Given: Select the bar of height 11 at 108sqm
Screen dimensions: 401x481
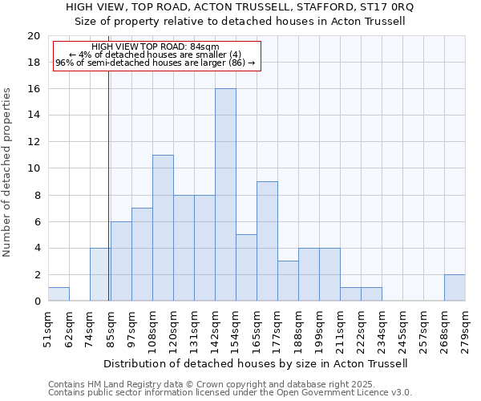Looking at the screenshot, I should [x=163, y=228].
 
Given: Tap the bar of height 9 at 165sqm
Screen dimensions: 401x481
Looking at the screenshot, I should [x=267, y=241].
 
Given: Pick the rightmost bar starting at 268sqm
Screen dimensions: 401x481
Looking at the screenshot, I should [x=455, y=288].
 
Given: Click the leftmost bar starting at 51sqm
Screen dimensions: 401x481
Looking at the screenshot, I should [x=59, y=294].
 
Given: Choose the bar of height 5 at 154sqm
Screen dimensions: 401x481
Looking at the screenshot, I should [x=246, y=268].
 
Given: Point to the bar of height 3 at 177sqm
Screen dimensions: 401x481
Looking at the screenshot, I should [x=288, y=281].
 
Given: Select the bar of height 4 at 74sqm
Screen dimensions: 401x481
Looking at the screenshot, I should [x=99, y=274].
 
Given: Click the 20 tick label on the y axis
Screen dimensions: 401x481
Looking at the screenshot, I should [x=34, y=36].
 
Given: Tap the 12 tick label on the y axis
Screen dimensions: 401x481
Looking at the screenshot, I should [x=34, y=142].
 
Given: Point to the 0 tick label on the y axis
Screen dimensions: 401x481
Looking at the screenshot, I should [x=37, y=302].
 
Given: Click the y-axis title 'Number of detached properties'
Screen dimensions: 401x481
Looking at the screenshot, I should [x=8, y=172].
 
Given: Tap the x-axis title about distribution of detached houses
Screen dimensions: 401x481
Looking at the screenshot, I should [x=256, y=363].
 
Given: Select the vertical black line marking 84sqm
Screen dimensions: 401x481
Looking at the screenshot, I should [x=108, y=176].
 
